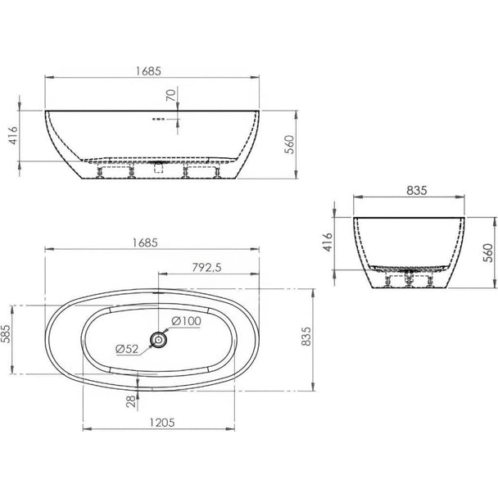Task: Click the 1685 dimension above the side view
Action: (x=148, y=71)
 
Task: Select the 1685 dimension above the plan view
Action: (x=145, y=243)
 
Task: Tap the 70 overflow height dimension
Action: (x=171, y=95)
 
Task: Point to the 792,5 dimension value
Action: (x=206, y=268)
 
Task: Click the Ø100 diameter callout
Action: (x=187, y=321)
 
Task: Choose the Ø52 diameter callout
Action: (x=127, y=349)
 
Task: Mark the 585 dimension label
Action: (x=6, y=334)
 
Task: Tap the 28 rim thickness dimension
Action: (x=131, y=402)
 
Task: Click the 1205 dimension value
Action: (x=162, y=423)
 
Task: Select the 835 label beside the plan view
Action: (x=306, y=337)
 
